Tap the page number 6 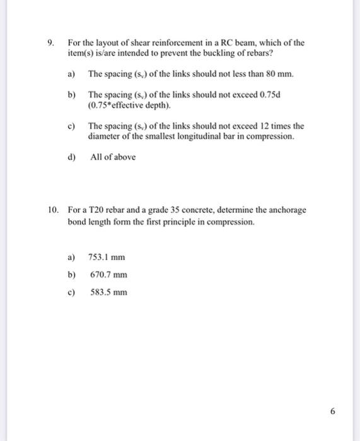pyautogui.click(x=334, y=411)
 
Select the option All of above pyautogui.click(x=112, y=157)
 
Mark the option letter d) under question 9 pyautogui.click(x=71, y=157)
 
